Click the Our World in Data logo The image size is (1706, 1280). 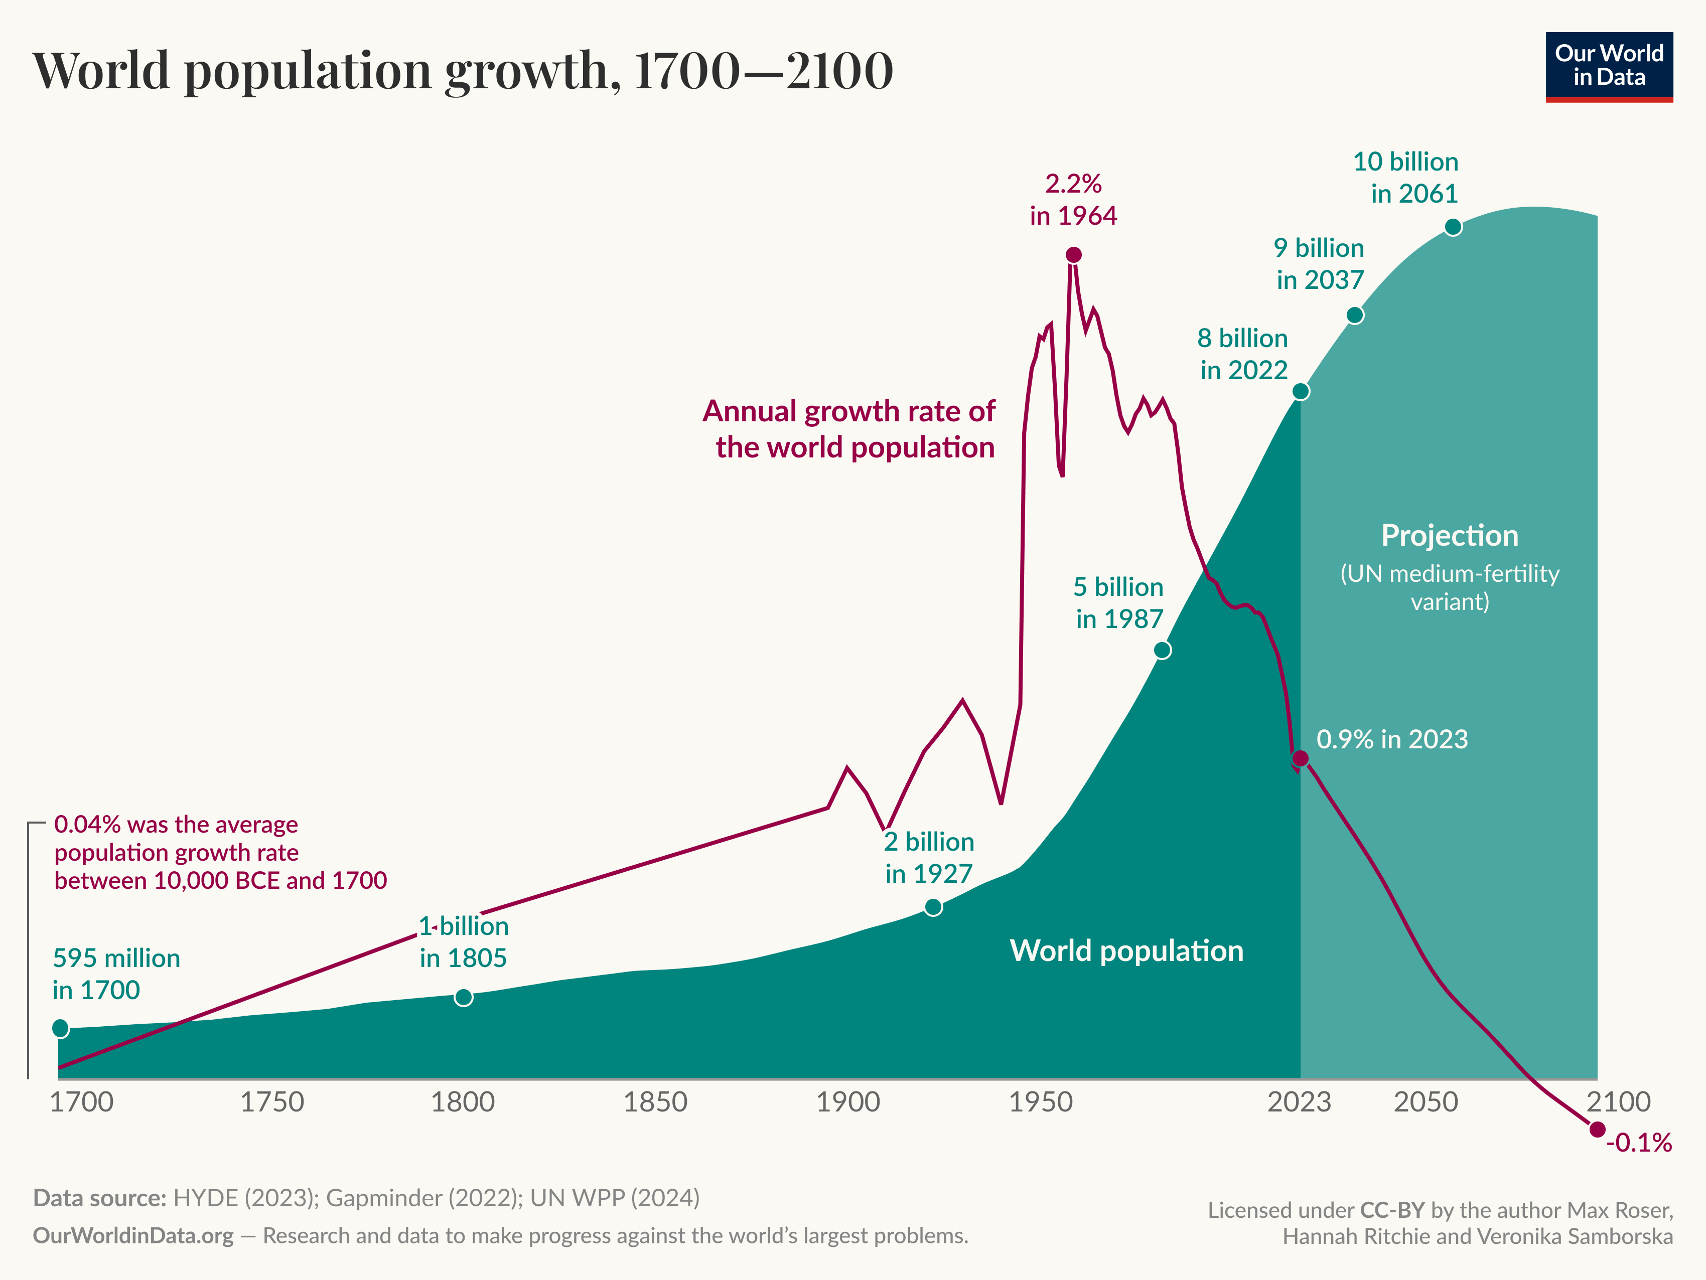point(1609,66)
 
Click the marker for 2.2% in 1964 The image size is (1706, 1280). point(1074,254)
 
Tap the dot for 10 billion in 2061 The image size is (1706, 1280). point(1453,227)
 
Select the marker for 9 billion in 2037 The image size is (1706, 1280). point(1355,314)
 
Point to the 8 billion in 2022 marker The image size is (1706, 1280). point(1301,391)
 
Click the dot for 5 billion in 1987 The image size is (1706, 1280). point(1162,650)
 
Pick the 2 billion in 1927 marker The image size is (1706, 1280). point(933,907)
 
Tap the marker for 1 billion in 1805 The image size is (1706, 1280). point(464,997)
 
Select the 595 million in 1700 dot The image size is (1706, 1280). point(60,1028)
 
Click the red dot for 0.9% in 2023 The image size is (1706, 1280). point(1301,759)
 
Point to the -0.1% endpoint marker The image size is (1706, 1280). point(1597,1129)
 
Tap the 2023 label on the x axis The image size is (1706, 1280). point(1300,1102)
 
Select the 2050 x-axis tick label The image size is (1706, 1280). point(1426,1102)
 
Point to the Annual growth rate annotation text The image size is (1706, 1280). point(848,429)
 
